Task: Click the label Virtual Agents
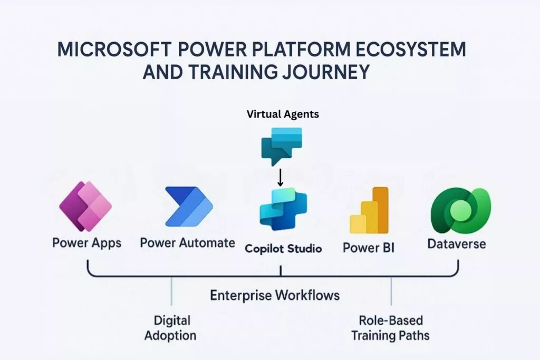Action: pos(283,114)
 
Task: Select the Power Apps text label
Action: pos(87,243)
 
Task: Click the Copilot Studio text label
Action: pos(283,248)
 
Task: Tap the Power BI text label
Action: pos(369,247)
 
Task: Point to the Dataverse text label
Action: pos(457,244)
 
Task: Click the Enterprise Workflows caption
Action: pos(275,295)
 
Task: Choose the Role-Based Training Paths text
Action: pos(391,327)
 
